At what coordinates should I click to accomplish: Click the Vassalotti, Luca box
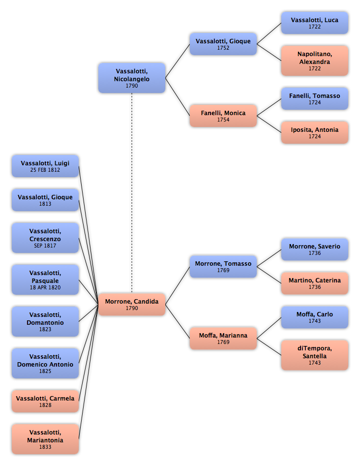(x=315, y=23)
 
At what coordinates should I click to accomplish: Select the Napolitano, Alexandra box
(x=315, y=61)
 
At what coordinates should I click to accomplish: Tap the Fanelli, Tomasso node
(x=315, y=99)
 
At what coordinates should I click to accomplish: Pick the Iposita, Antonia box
(x=315, y=132)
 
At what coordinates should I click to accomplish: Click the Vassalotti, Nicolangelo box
(x=132, y=78)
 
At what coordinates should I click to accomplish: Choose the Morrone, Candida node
(x=132, y=304)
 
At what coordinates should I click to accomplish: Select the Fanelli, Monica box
(x=223, y=116)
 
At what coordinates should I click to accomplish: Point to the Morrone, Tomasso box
(x=223, y=267)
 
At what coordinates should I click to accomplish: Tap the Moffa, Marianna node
(x=223, y=338)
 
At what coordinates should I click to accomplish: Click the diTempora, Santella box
(x=315, y=355)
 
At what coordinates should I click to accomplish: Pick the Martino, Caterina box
(x=315, y=283)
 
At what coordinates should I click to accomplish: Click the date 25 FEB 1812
(x=45, y=170)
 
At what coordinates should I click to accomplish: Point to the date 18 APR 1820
(x=45, y=287)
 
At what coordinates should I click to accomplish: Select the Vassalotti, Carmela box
(x=45, y=401)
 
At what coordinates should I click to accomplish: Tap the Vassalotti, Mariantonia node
(x=45, y=439)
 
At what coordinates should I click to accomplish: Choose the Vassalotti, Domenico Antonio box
(x=45, y=364)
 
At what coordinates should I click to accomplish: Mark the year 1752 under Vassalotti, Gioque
(x=223, y=48)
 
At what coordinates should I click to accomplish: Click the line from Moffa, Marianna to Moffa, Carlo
(x=269, y=328)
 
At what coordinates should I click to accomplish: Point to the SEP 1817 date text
(x=45, y=246)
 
